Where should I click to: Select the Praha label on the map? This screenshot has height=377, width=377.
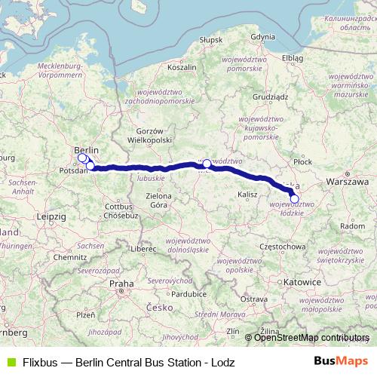pos(121,284)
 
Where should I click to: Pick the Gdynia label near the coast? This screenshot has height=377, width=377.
pos(262,36)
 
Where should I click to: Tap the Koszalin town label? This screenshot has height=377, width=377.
pos(181,67)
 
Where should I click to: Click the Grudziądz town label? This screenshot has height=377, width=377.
pos(271,97)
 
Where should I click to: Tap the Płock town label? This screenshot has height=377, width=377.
pos(303,161)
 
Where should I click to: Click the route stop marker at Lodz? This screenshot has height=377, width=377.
pos(295,199)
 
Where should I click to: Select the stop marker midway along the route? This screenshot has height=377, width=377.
pos(207,164)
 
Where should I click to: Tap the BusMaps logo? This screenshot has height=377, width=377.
pos(341,361)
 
